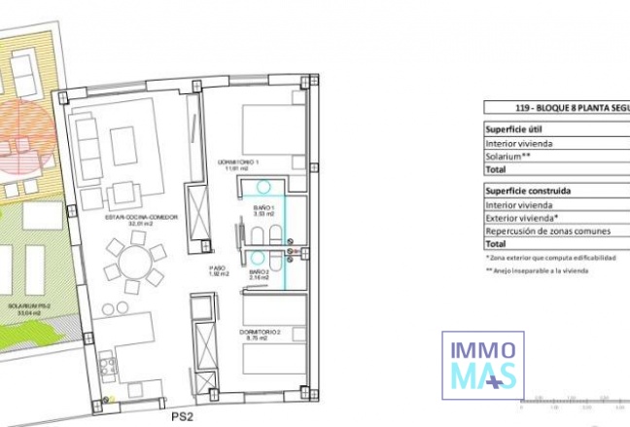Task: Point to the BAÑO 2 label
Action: pyautogui.click(x=260, y=274)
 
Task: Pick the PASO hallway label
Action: pyautogui.click(x=218, y=271)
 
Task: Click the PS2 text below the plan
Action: pyautogui.click(x=178, y=417)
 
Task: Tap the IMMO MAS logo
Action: pyautogui.click(x=483, y=362)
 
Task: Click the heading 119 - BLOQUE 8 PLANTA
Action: pyautogui.click(x=555, y=109)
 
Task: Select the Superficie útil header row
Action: pyautogui.click(x=516, y=129)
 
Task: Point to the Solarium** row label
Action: pyautogui.click(x=507, y=156)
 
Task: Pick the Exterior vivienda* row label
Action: pyautogui.click(x=521, y=218)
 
